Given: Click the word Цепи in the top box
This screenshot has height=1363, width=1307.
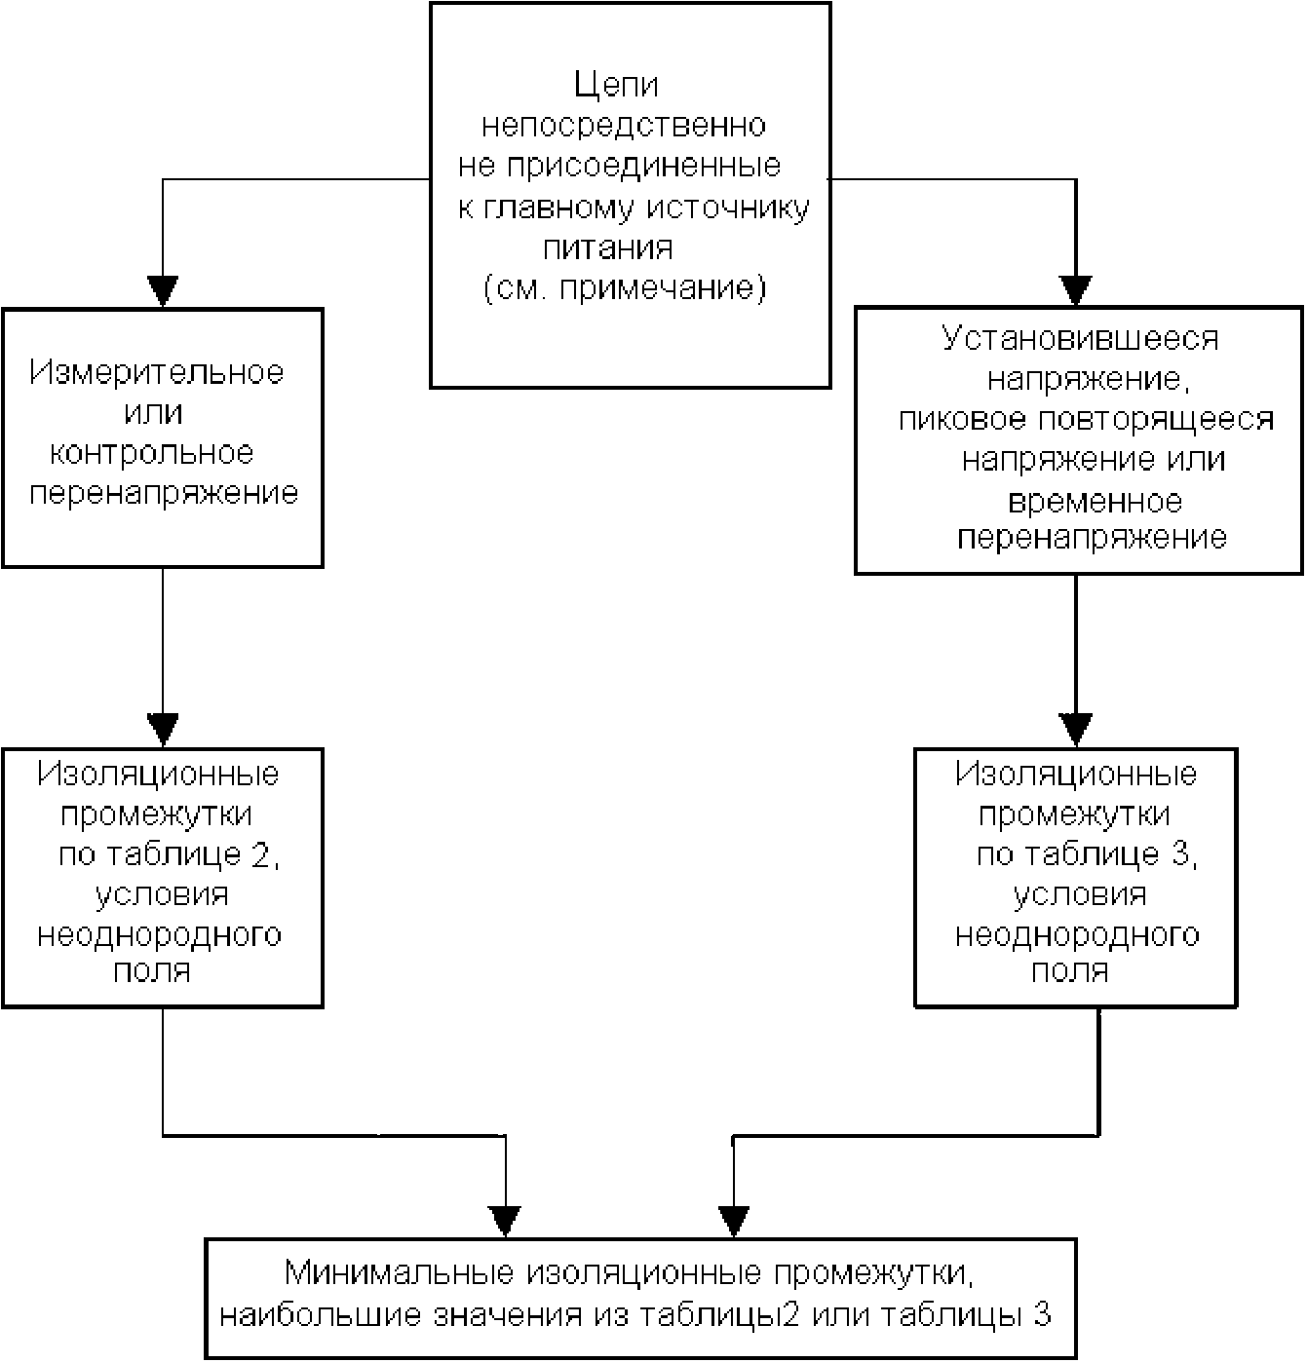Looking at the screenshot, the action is pyautogui.click(x=616, y=86).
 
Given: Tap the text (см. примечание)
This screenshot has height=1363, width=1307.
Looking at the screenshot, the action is pyautogui.click(x=625, y=287).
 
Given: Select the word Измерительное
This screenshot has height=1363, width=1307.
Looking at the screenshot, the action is pyautogui.click(x=157, y=372).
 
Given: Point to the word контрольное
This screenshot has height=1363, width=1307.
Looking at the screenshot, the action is pyautogui.click(x=151, y=453).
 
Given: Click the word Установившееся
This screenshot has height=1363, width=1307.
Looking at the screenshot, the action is pyautogui.click(x=1080, y=339).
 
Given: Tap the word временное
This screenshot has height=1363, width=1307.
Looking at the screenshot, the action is pyautogui.click(x=1095, y=502).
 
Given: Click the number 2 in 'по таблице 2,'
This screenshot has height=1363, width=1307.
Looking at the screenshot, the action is pyautogui.click(x=260, y=854).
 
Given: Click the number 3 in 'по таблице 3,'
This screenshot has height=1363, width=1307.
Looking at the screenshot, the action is pyautogui.click(x=1180, y=854).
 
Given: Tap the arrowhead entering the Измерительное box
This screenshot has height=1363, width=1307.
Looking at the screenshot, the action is pyautogui.click(x=163, y=291).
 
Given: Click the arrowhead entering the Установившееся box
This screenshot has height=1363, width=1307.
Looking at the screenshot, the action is pyautogui.click(x=1076, y=290).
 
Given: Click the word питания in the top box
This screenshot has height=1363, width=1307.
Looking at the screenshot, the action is pyautogui.click(x=608, y=247).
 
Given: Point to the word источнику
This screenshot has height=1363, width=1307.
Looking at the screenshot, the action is pyautogui.click(x=727, y=208).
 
